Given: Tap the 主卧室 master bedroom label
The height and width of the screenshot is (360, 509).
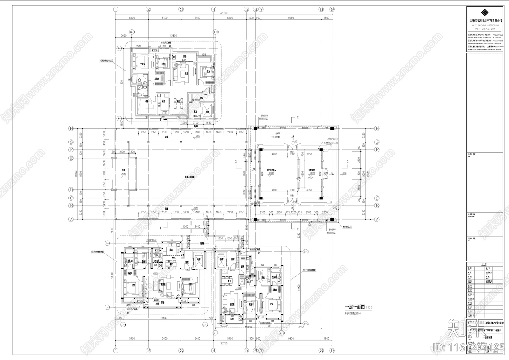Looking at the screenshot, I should [x=143, y=64].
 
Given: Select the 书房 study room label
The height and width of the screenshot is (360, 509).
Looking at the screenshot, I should [x=147, y=102].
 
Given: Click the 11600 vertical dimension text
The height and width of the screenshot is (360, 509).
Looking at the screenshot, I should [x=122, y=83].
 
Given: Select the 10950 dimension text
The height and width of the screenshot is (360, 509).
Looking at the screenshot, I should [x=248, y=327].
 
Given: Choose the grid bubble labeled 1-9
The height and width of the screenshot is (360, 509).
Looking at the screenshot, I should [x=205, y=325].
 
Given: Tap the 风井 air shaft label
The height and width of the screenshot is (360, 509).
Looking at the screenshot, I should [x=183, y=255].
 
